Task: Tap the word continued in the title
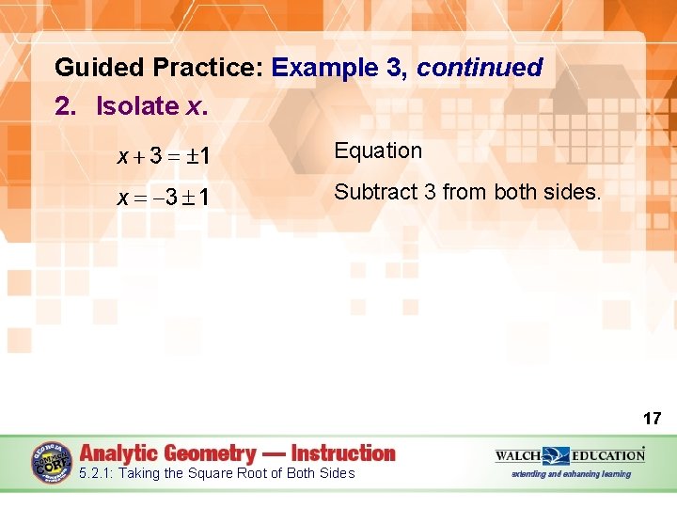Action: [x=480, y=68]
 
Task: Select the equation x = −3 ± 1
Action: [x=163, y=198]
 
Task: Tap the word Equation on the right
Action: [x=378, y=151]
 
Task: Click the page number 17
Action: [x=652, y=418]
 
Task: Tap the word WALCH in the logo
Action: [x=518, y=455]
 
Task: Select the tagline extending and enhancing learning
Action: [x=571, y=474]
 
